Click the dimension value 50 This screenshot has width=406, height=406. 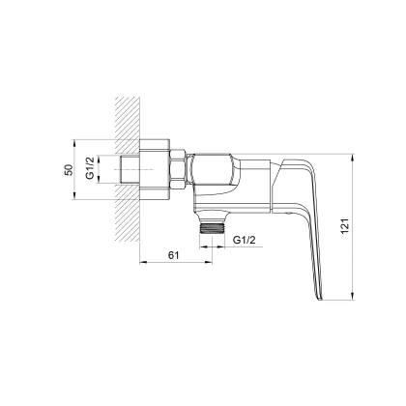(69, 169)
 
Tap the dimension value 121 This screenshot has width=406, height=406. (344, 226)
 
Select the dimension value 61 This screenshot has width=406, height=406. (173, 255)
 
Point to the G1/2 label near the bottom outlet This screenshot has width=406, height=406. (244, 240)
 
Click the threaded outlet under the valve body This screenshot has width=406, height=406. (212, 228)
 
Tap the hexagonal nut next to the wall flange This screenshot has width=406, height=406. (178, 169)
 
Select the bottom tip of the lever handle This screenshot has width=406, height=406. (319, 299)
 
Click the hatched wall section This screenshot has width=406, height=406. (128, 169)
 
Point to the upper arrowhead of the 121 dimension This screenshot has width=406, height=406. (353, 158)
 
